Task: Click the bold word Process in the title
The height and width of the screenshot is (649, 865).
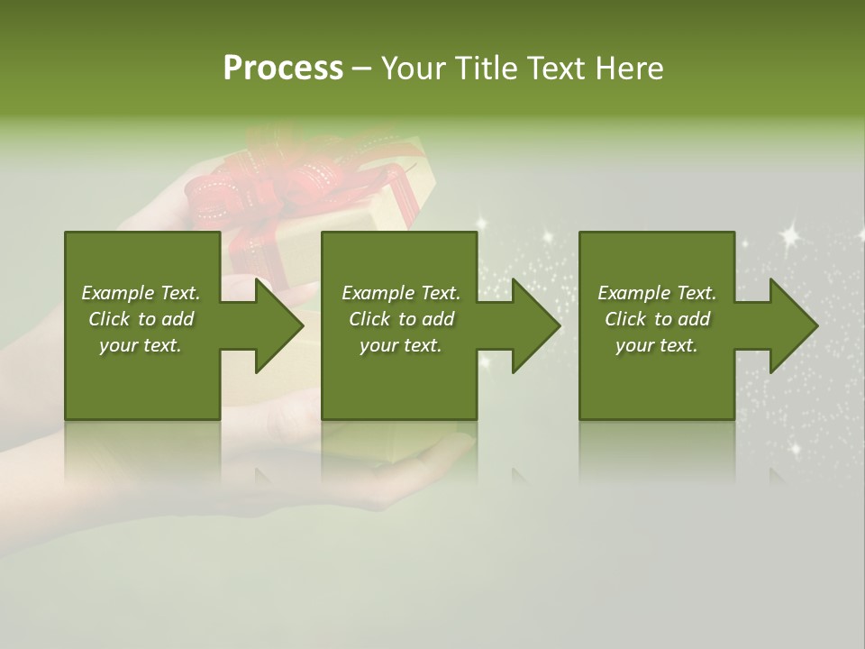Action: pos(283,69)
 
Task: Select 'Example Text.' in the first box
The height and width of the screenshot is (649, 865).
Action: pos(141,293)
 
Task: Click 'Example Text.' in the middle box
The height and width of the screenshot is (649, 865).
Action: pos(401,293)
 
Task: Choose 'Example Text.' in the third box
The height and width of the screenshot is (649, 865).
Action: pos(657,293)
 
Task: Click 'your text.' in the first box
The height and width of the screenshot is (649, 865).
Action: pos(141,345)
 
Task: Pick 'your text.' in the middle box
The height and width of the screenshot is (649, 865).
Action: pos(401,345)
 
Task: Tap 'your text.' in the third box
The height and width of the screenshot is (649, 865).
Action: pos(657,345)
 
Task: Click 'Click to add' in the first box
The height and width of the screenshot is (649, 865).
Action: pos(141,319)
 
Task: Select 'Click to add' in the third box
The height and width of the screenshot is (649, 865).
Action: pos(657,319)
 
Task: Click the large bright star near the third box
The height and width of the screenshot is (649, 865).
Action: pos(790,236)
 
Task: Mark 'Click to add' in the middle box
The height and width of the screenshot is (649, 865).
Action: pos(401,319)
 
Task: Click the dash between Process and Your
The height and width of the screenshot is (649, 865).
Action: pos(362,69)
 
